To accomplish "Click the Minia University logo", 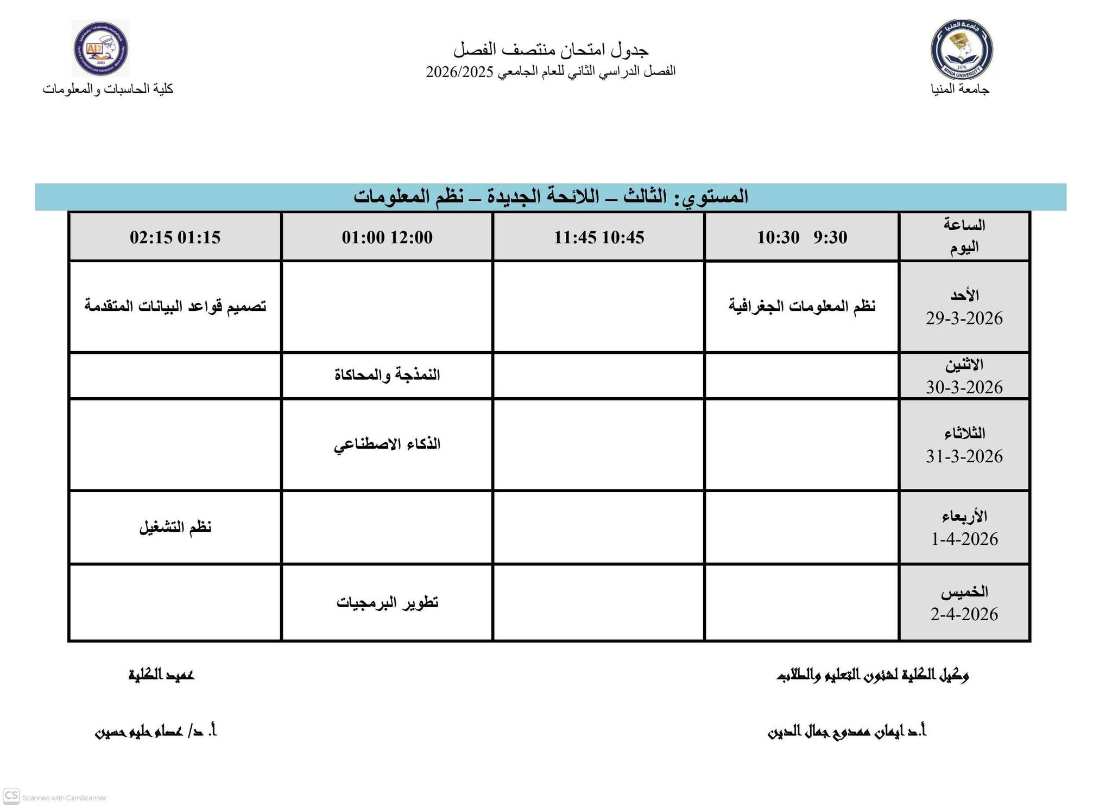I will (x=962, y=49).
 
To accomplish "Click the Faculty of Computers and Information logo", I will (x=101, y=49).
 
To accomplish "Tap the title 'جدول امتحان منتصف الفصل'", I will (x=551, y=50).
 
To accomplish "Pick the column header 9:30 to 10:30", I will (x=801, y=237).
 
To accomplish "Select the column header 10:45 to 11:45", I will (x=598, y=237).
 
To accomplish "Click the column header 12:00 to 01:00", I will (x=387, y=237).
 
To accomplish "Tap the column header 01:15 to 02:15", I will (x=175, y=237).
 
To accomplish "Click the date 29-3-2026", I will (x=964, y=319).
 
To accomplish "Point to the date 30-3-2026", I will (x=964, y=387).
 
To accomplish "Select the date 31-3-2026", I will (x=964, y=456).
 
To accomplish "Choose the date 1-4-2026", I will (x=964, y=539).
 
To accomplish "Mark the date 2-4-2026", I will (x=964, y=614).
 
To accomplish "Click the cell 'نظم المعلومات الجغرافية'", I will (x=801, y=306).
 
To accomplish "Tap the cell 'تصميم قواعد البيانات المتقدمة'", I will (x=175, y=306).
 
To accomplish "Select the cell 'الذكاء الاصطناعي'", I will (x=387, y=444).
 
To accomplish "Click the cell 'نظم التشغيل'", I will (x=175, y=527).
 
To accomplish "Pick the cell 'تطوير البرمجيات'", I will (x=387, y=603).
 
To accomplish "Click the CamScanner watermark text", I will (x=64, y=798).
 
